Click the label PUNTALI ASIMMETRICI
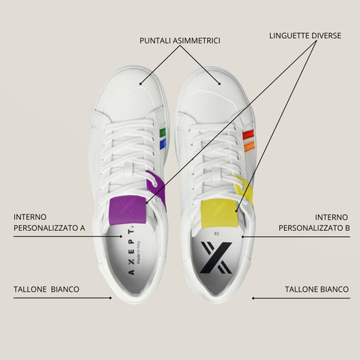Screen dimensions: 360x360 coord(180,40)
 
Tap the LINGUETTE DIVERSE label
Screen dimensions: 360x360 coord(305,36)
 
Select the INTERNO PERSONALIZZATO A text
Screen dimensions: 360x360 coord(49,223)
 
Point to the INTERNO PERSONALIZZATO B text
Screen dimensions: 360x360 coord(314,223)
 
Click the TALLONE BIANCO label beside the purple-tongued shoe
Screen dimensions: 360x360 coord(46,289)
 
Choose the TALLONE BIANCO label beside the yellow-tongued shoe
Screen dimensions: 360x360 coord(316,289)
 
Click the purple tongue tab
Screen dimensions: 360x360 coord(127,210)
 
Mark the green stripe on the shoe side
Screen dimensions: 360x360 coord(163,132)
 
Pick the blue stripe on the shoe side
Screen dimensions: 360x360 coord(163,144)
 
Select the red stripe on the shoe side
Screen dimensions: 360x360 coord(248,134)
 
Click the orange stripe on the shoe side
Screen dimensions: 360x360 coord(248,146)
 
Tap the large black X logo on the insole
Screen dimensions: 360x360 coord(216,257)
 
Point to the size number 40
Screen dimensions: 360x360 coord(217,234)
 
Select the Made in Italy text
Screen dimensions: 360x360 coord(139,252)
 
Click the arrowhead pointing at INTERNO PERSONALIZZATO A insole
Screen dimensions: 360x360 coord(121,236)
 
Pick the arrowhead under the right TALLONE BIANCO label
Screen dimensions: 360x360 coord(253,298)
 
